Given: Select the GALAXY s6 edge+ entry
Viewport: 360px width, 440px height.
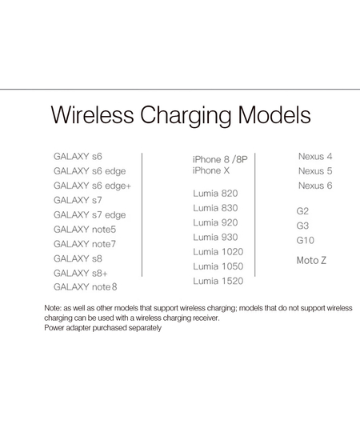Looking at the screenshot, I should tap(92, 185).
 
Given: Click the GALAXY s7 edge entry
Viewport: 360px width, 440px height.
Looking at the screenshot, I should tap(90, 214).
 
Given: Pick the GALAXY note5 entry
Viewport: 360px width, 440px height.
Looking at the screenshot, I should tap(85, 229).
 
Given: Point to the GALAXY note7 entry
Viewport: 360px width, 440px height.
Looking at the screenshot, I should tap(85, 243).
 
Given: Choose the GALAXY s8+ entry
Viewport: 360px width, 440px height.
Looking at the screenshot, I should tap(80, 272).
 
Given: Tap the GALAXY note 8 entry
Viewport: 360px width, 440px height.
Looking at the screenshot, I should tap(86, 286).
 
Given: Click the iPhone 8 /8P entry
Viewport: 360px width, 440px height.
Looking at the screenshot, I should tap(220, 159).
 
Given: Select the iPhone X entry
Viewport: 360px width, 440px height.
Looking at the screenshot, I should tap(210, 171).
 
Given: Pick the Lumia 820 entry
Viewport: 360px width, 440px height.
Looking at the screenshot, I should tap(215, 194).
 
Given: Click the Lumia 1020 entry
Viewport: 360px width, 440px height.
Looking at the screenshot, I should tap(218, 251).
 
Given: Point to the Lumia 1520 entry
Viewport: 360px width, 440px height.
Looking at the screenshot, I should tap(218, 281).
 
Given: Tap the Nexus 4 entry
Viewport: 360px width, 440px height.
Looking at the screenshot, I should tap(315, 156).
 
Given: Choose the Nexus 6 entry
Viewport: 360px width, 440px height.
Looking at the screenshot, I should tap(315, 186).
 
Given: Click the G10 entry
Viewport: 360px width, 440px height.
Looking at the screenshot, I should tap(306, 240).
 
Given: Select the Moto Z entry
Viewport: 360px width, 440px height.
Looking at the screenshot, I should tap(311, 261).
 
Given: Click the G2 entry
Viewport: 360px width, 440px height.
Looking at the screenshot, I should tap(302, 211).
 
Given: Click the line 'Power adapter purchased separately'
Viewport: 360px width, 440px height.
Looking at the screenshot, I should tap(103, 328).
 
